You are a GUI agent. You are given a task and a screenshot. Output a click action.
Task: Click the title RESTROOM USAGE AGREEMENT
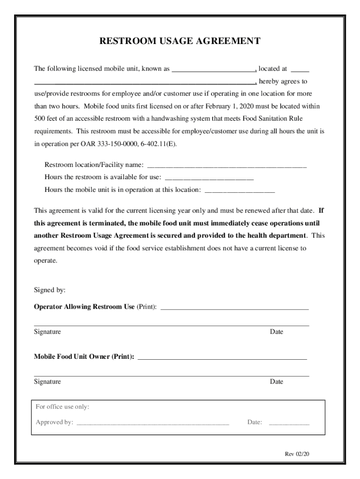(x=180, y=41)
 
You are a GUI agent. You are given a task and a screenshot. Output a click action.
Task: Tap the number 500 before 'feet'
(x=40, y=119)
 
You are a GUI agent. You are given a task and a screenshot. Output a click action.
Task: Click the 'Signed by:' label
(x=50, y=290)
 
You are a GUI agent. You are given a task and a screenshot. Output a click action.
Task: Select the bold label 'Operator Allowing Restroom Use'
(x=84, y=307)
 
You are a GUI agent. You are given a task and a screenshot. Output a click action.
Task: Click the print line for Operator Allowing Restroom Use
(x=234, y=308)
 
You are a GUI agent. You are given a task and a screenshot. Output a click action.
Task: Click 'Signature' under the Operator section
(x=47, y=332)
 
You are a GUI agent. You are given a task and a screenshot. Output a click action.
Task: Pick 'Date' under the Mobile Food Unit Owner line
(x=276, y=382)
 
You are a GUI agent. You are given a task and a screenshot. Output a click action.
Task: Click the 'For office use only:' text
(x=63, y=407)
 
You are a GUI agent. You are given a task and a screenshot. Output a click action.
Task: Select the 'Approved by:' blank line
(x=152, y=423)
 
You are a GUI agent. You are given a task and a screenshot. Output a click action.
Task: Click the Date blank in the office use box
(x=289, y=423)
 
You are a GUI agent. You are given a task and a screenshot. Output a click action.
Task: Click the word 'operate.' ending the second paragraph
(x=46, y=261)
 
